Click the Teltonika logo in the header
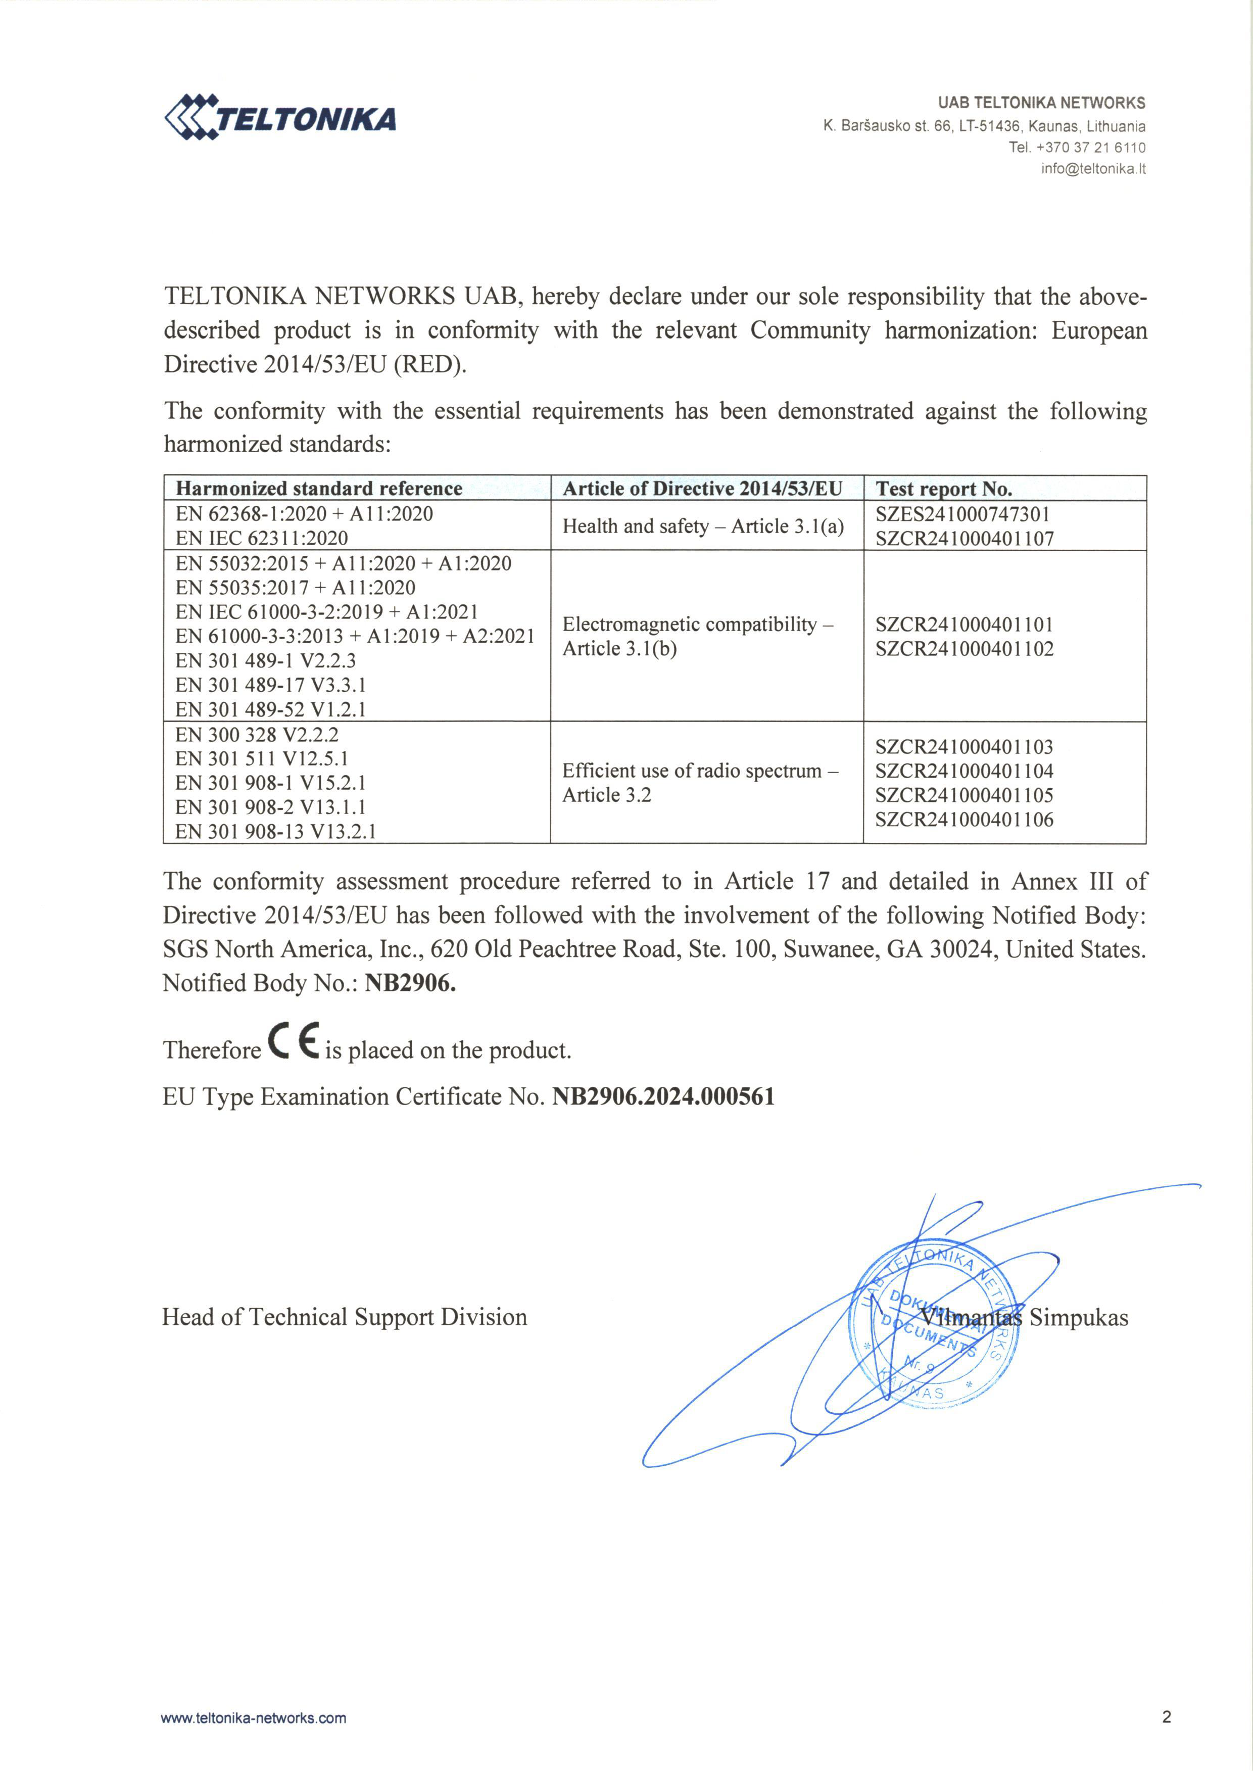pos(280,118)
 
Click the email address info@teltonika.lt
pos(1092,169)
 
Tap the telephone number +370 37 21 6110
pos(1090,148)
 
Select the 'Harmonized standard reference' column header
pos(319,489)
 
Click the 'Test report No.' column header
pos(944,489)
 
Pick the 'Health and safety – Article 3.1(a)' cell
pos(703,526)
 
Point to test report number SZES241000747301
pos(962,514)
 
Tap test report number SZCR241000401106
pos(963,820)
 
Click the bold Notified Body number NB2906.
pos(410,983)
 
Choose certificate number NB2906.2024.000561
pos(663,1096)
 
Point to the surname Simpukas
pos(1079,1317)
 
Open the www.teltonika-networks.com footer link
pos(253,1718)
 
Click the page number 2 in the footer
pos(1166,1717)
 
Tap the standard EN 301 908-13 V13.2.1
pos(275,831)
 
